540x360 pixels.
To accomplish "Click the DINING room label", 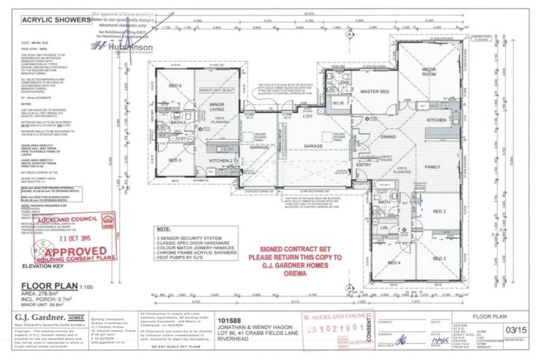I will (x=388, y=138).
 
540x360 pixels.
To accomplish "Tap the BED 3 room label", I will (x=440, y=259).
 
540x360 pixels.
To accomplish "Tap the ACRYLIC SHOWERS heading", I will (x=50, y=20).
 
